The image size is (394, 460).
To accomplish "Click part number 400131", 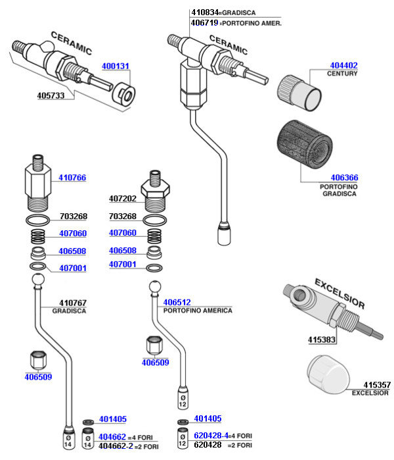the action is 116,66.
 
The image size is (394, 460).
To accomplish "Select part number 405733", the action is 51,95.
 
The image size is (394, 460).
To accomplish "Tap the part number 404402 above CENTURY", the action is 343,65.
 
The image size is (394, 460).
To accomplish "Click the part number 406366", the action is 344,178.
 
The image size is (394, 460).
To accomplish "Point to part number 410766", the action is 72,178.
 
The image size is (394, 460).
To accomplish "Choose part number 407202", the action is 123,199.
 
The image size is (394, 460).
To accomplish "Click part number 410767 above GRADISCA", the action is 73,303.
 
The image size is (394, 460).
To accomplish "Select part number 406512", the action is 177,302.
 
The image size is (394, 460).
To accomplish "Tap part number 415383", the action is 321,340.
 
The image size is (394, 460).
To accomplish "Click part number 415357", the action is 377,384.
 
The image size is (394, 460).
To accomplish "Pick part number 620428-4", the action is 211,436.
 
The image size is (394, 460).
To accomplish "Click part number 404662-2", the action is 116,446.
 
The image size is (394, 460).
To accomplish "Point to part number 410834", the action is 205,13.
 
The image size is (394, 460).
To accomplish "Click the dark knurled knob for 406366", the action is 305,144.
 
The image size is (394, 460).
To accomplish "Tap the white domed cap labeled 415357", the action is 328,374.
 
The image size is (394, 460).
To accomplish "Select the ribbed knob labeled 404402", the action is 299,93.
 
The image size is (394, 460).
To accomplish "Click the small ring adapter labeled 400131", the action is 123,95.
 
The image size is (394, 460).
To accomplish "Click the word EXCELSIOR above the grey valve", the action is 339,294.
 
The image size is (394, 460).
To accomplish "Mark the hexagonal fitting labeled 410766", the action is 38,183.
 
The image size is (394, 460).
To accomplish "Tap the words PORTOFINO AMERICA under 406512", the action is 198,311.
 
